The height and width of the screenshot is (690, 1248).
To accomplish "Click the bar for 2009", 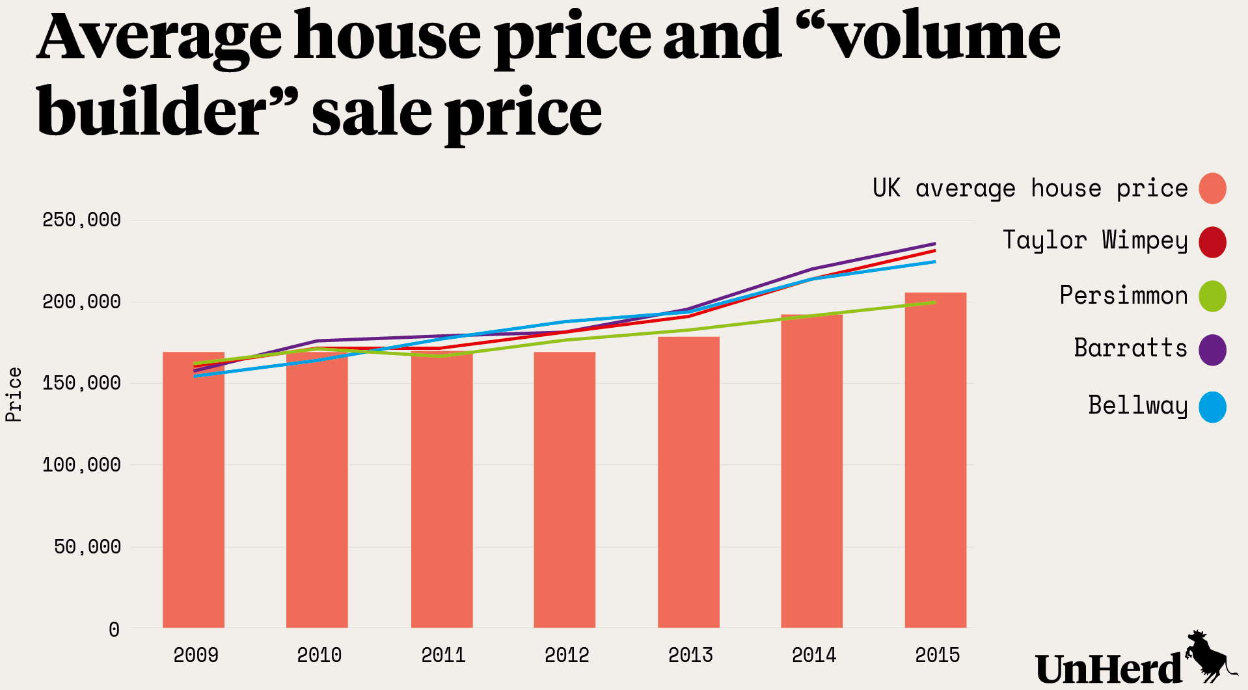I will pyautogui.click(x=193, y=494).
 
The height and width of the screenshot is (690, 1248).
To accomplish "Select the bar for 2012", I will pyautogui.click(x=564, y=494).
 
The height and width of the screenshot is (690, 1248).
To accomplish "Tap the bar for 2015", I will pyautogui.click(x=935, y=462).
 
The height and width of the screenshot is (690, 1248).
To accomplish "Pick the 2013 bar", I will pyautogui.click(x=688, y=484).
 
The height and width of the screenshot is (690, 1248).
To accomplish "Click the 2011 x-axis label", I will pyautogui.click(x=443, y=655).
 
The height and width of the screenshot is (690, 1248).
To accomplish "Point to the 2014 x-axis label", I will pyautogui.click(x=813, y=655).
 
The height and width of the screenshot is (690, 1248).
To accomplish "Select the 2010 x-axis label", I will pyautogui.click(x=319, y=655).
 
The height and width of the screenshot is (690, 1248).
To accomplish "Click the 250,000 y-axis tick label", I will pyautogui.click(x=81, y=220).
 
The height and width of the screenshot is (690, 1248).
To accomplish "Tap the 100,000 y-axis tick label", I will pyautogui.click(x=81, y=465).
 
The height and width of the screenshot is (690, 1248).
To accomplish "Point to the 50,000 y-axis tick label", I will pyautogui.click(x=87, y=547).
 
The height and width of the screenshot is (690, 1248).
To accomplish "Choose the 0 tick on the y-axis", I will pyautogui.click(x=114, y=630).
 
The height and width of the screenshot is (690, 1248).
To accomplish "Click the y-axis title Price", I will pyautogui.click(x=14, y=395).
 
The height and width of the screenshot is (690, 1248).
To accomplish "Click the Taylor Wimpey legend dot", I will pyautogui.click(x=1212, y=242).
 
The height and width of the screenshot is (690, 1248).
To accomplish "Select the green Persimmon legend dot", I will pyautogui.click(x=1212, y=296).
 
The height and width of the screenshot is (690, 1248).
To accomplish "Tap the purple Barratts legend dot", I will pyautogui.click(x=1212, y=350).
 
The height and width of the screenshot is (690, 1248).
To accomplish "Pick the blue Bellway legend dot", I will pyautogui.click(x=1212, y=407).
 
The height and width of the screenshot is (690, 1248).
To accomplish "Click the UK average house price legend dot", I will pyautogui.click(x=1212, y=189).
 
